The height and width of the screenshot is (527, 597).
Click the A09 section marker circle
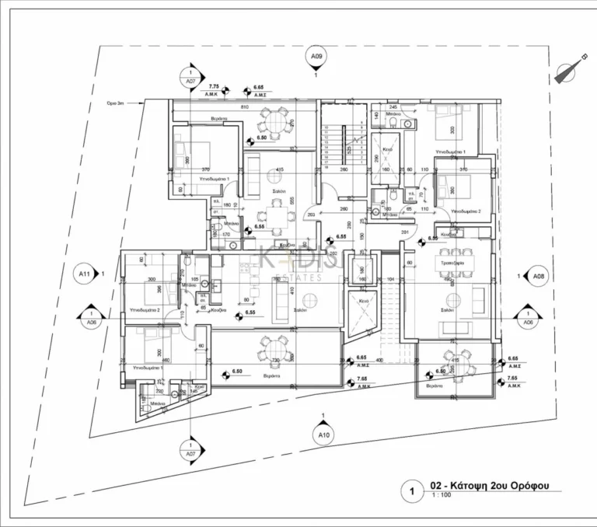316,57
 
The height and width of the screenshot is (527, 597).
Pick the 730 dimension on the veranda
274,362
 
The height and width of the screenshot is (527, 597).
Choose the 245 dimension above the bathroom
393,106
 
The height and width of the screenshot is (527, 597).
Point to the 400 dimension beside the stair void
379,361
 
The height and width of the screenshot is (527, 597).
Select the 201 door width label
405,232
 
